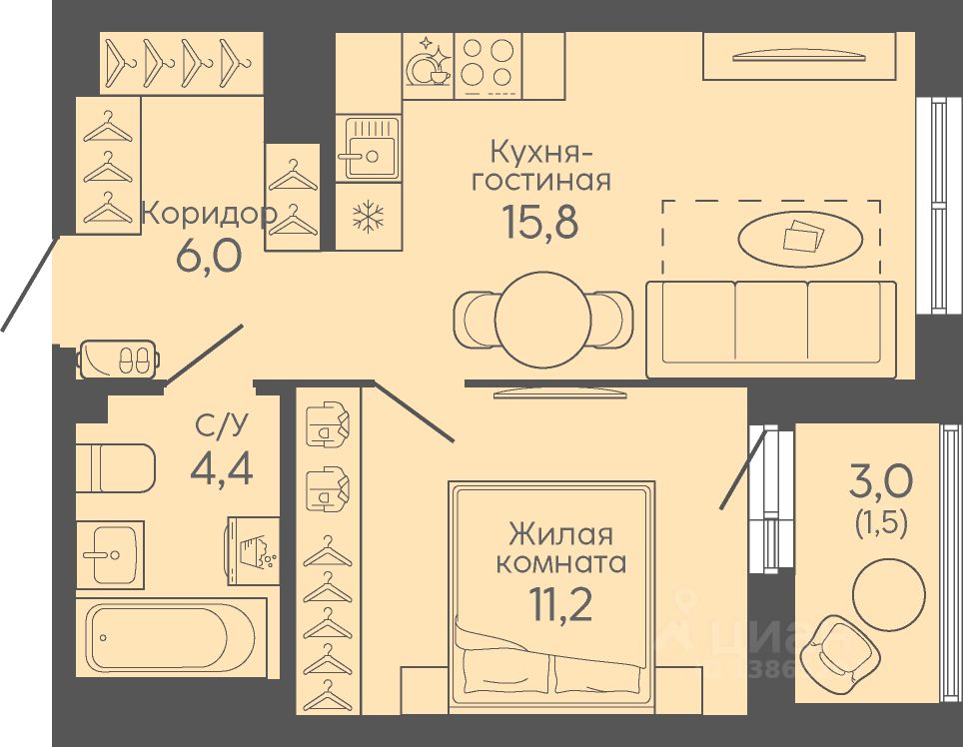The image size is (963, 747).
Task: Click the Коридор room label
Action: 208,213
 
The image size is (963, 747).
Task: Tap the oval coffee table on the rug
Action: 800,238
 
